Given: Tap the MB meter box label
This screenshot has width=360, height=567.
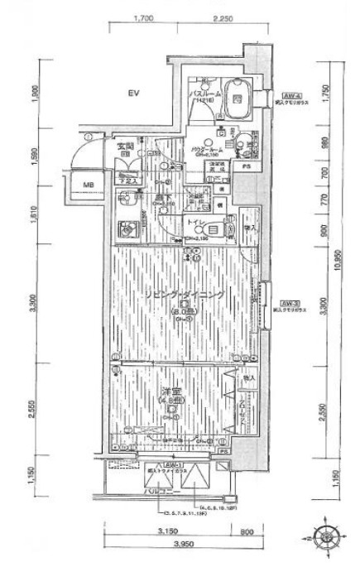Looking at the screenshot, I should (88, 185).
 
